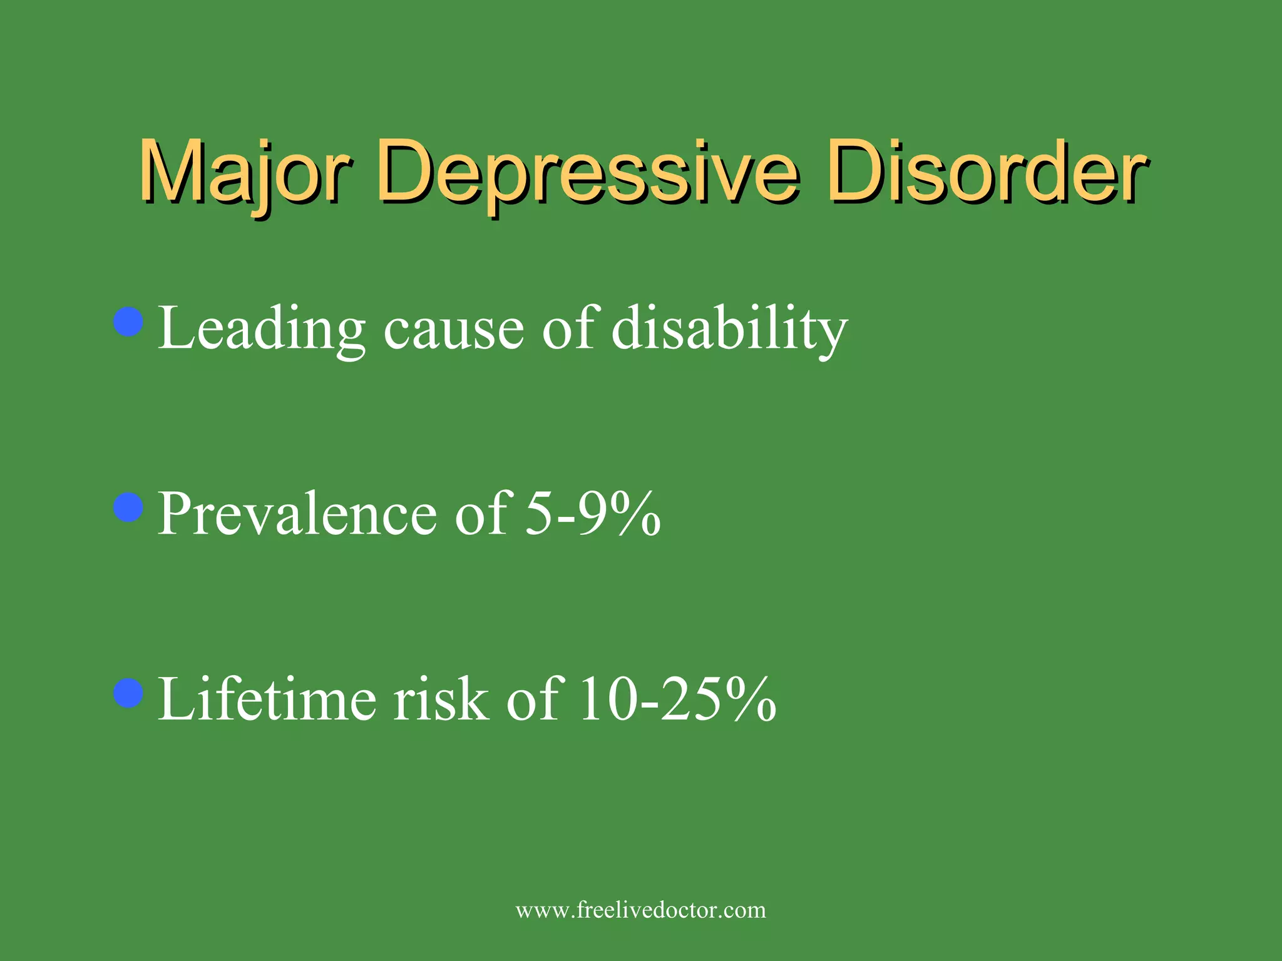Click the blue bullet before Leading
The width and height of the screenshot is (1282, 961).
click(130, 322)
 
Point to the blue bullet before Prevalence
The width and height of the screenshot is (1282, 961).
click(130, 507)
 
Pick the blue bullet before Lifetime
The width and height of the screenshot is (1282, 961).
click(130, 693)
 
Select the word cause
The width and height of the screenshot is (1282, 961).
click(453, 330)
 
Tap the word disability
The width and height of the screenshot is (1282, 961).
click(729, 328)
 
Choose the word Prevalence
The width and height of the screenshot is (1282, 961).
click(297, 514)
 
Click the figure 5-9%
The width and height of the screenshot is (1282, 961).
click(592, 514)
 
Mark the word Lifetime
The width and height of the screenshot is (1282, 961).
click(267, 699)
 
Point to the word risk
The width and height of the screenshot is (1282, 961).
click(441, 699)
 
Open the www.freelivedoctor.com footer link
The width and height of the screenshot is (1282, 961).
click(640, 910)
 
